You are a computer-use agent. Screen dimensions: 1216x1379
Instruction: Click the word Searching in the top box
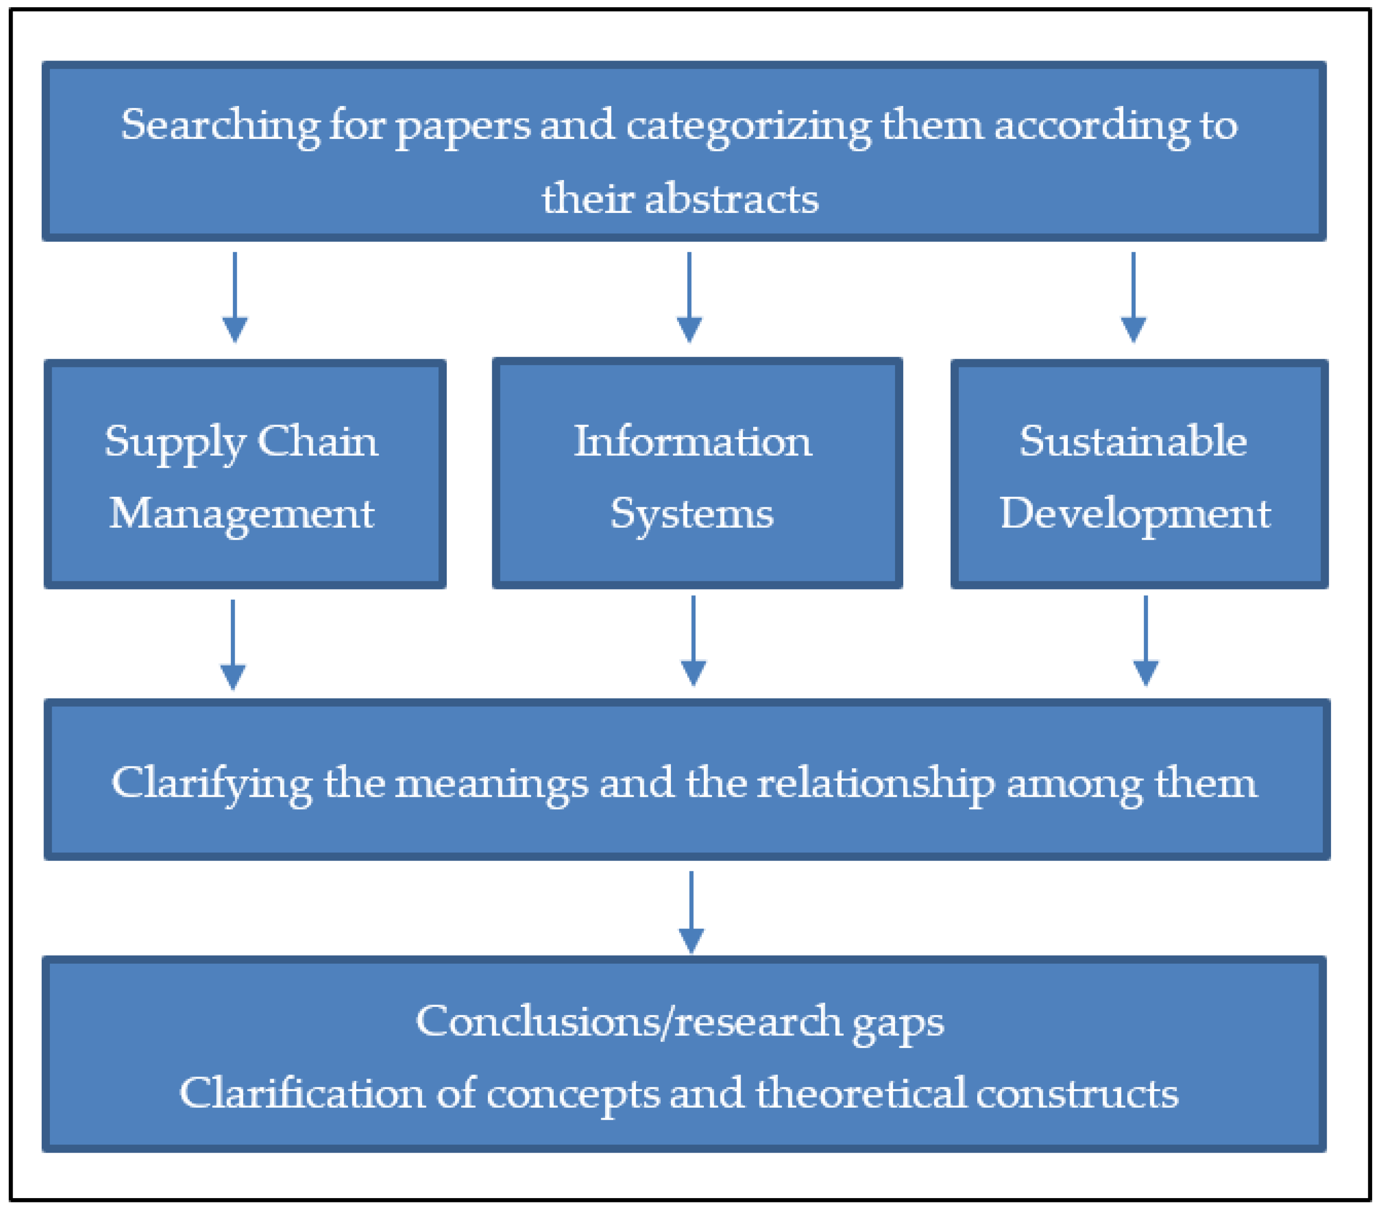220,126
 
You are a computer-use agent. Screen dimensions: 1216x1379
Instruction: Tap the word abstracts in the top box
731,200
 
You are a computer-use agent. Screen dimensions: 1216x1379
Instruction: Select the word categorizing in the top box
748,126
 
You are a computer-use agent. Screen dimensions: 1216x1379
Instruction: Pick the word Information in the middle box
693,442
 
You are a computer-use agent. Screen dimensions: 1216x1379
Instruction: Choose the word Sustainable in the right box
1134,442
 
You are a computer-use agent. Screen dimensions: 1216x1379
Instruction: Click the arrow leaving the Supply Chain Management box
233,644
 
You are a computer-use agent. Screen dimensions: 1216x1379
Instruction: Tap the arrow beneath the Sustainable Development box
1146,641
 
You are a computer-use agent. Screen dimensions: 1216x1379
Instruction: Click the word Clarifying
211,785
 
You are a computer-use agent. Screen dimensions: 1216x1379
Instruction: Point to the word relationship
876,785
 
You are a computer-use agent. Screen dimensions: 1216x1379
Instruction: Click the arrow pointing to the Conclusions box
691,911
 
